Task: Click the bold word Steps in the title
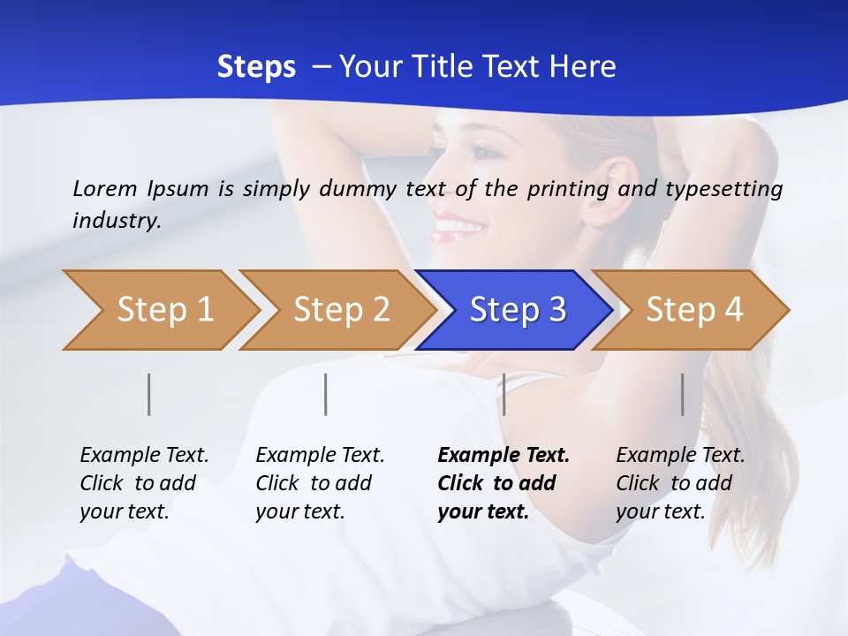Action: coord(256,67)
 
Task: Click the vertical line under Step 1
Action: coord(149,394)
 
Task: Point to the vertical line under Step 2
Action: coord(326,394)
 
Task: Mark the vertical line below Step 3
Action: coord(503,394)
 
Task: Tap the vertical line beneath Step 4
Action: coord(683,394)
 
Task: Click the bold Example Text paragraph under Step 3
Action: coord(503,483)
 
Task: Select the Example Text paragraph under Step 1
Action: coord(144,483)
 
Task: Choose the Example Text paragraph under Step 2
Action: coord(320,483)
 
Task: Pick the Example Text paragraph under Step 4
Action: coord(680,483)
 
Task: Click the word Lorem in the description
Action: coord(105,189)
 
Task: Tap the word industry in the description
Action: coord(116,221)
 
